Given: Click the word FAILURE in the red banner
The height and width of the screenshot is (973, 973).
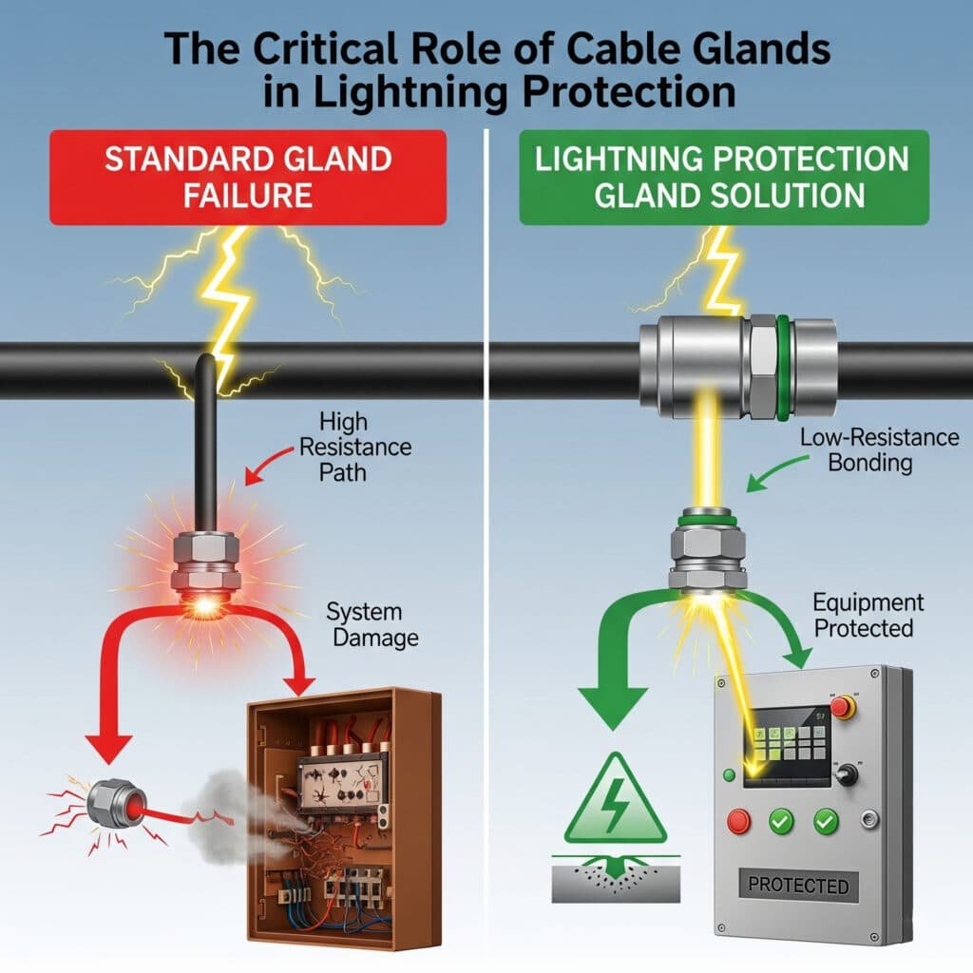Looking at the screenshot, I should (247, 195).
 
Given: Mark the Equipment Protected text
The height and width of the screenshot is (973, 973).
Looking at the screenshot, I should (867, 615).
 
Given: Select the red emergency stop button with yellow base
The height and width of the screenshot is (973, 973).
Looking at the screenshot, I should (842, 707).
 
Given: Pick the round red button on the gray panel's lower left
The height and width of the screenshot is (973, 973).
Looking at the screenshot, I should (738, 820).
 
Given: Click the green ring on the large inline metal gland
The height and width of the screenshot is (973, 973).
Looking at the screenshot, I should (783, 370).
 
